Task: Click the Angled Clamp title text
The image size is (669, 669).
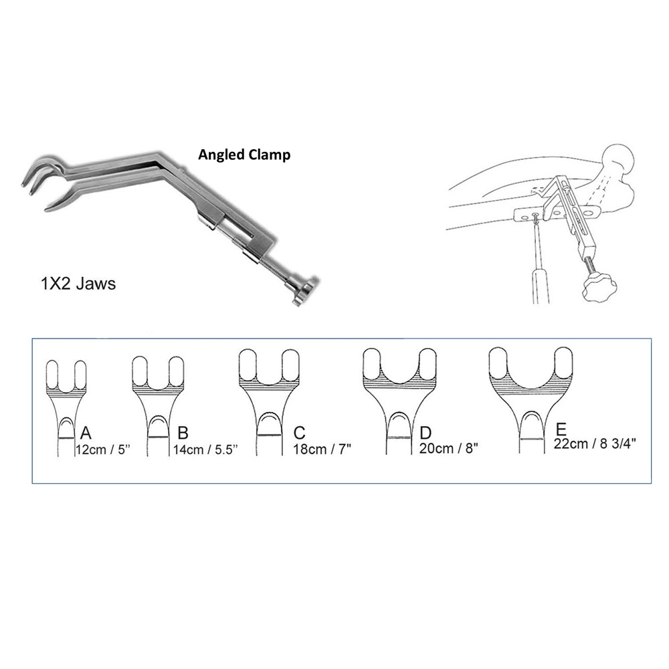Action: [244, 155]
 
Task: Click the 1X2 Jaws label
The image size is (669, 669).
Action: [78, 284]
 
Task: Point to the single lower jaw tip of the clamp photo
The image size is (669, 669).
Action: [47, 209]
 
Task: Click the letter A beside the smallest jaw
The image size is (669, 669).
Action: [86, 433]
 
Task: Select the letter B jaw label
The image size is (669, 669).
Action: [183, 433]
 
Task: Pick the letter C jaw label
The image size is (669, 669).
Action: [299, 433]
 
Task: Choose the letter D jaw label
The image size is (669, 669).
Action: [425, 433]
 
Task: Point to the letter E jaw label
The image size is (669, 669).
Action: [561, 429]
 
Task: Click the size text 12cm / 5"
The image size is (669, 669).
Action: [102, 450]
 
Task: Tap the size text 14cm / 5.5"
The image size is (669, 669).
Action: [205, 450]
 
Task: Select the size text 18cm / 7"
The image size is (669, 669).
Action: [322, 449]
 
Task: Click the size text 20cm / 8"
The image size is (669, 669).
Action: [448, 448]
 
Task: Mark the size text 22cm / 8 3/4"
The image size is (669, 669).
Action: [595, 444]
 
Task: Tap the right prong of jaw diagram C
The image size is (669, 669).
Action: [290, 365]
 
